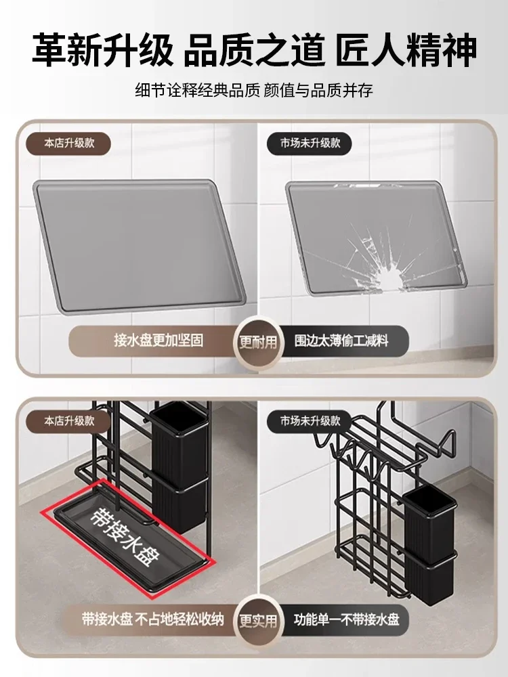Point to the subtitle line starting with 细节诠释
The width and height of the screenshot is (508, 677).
tap(254, 91)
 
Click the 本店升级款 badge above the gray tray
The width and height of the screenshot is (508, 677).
tap(69, 144)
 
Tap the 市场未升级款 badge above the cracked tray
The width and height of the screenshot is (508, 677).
tap(310, 144)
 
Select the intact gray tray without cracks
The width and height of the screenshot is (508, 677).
tap(139, 245)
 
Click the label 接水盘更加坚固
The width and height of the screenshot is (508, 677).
tap(158, 341)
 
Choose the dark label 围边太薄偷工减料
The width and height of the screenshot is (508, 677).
tap(341, 341)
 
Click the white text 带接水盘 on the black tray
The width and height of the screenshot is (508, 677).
tap(125, 536)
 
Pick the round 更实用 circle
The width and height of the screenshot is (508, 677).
tap(258, 620)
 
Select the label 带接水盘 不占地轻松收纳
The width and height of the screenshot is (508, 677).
tap(153, 619)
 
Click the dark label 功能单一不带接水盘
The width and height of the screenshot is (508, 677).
tap(346, 619)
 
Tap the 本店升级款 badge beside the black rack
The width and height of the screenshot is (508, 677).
tap(69, 421)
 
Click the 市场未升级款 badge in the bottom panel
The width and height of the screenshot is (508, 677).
tap(310, 421)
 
